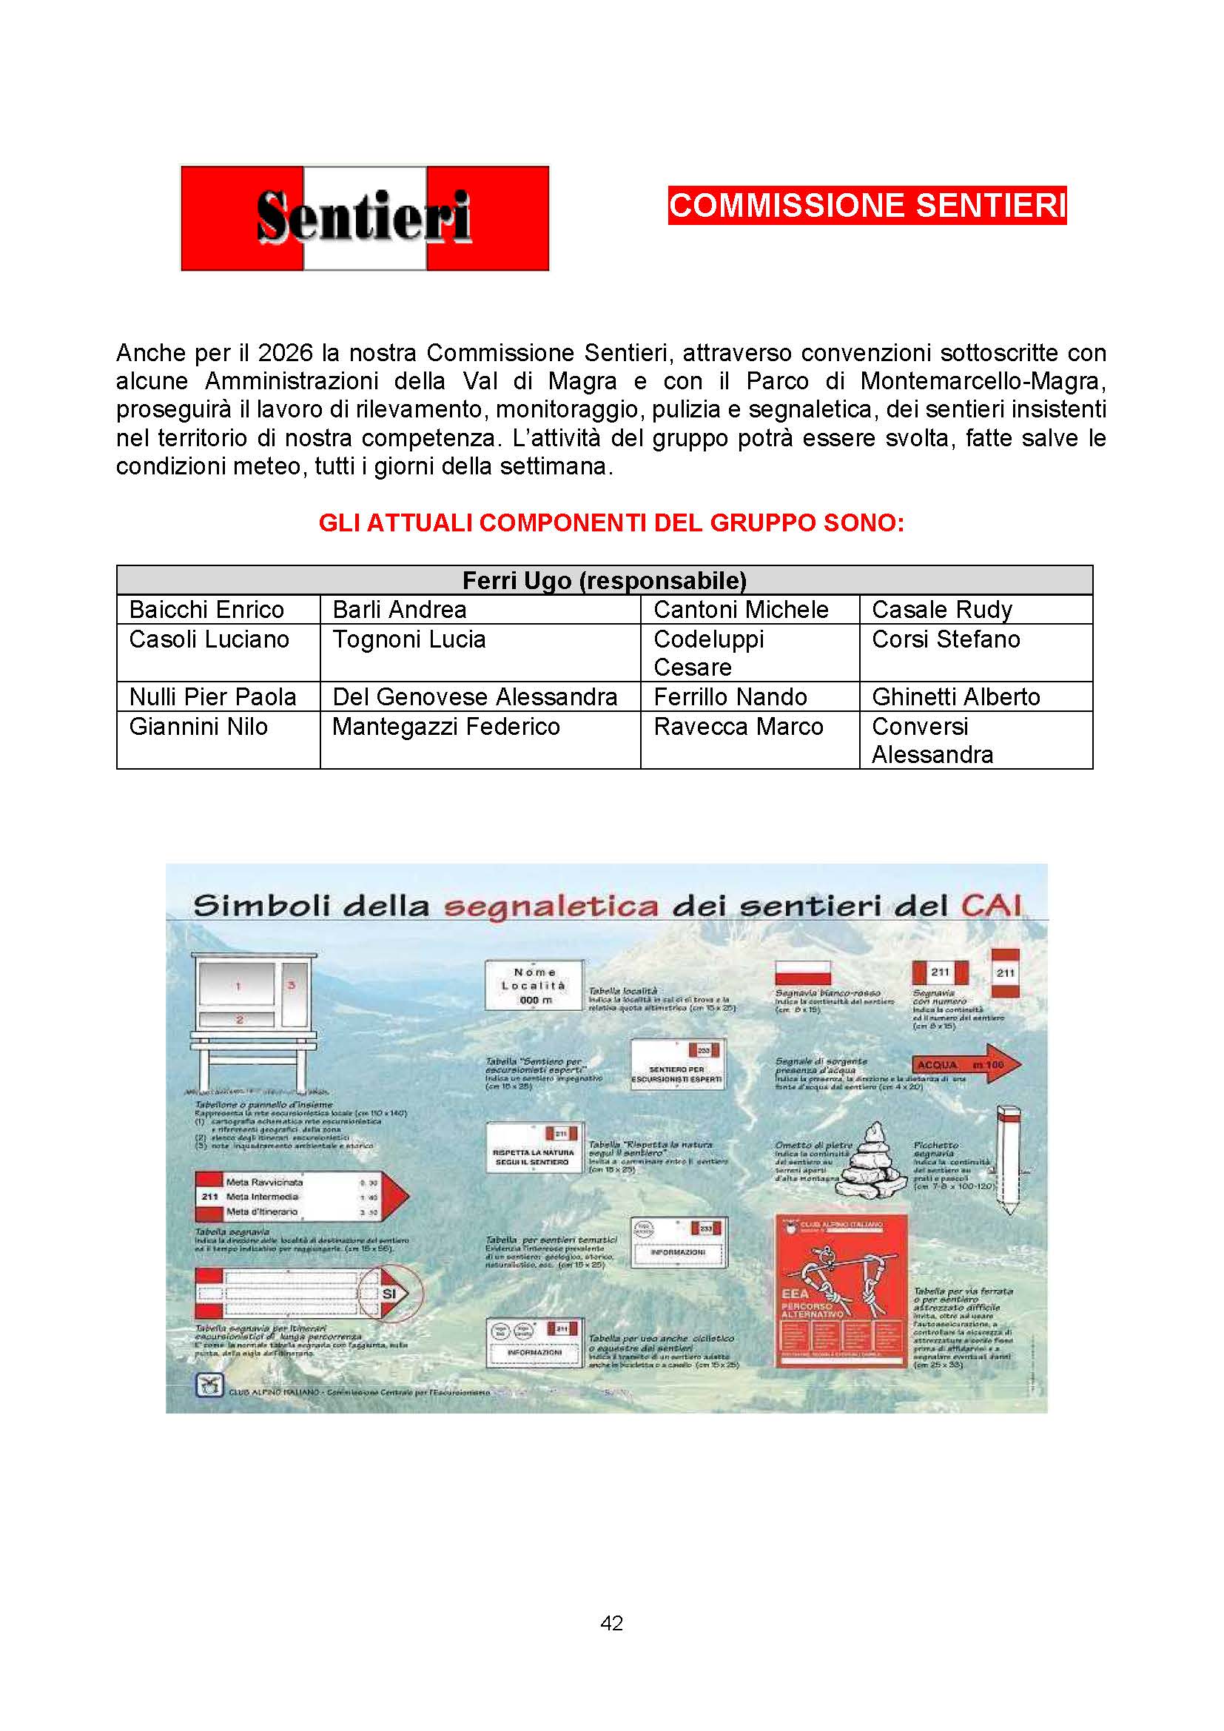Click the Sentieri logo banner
[x=365, y=218]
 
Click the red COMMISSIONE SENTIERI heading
[x=867, y=206]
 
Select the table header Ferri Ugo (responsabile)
[x=604, y=580]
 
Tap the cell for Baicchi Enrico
[x=206, y=610]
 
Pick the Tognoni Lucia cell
[x=409, y=640]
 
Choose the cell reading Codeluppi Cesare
[x=708, y=653]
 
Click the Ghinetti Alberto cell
[x=955, y=697]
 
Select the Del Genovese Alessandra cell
[x=475, y=697]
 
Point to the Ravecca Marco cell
[x=738, y=727]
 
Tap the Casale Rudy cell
[x=941, y=610]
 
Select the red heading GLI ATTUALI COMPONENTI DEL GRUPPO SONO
[x=611, y=522]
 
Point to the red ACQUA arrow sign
[x=968, y=1064]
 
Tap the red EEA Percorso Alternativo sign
[x=841, y=1291]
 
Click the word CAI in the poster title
[x=990, y=905]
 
